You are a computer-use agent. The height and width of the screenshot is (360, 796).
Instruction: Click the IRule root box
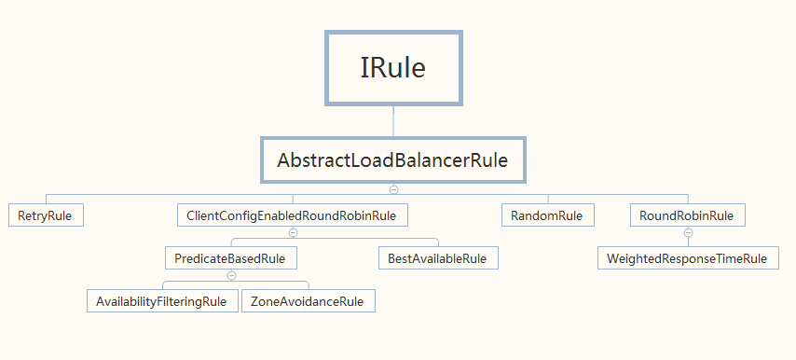coord(393,68)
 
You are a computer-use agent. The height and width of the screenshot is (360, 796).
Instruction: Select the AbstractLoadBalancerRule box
coord(393,159)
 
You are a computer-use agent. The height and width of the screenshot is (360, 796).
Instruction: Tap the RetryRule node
coord(46,215)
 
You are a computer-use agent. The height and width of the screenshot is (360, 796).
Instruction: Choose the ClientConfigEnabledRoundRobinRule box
coord(293,215)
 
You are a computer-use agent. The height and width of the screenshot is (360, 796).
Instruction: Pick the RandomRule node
coord(548,215)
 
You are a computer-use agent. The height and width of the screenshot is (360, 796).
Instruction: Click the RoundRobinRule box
coord(688,215)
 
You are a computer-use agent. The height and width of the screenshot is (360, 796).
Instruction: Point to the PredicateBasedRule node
coord(231,258)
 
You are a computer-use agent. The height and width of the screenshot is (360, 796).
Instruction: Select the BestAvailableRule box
coord(438,258)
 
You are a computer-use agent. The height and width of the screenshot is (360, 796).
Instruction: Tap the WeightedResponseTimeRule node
coord(688,258)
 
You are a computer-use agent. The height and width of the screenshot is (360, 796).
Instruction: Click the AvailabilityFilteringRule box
coord(162,301)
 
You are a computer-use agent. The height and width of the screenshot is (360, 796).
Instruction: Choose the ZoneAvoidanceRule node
coord(309,301)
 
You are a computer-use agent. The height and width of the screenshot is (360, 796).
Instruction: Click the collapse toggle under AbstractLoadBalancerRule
coord(393,189)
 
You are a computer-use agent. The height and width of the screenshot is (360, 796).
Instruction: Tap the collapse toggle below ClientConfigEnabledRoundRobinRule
coord(293,232)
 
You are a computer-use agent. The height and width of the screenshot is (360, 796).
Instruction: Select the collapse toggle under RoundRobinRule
coord(689,232)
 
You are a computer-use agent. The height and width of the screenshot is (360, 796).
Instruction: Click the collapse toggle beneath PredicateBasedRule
coord(231,276)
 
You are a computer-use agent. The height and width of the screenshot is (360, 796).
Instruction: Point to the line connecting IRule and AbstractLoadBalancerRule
coord(393,121)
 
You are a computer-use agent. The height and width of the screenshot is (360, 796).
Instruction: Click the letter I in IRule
coord(364,68)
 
